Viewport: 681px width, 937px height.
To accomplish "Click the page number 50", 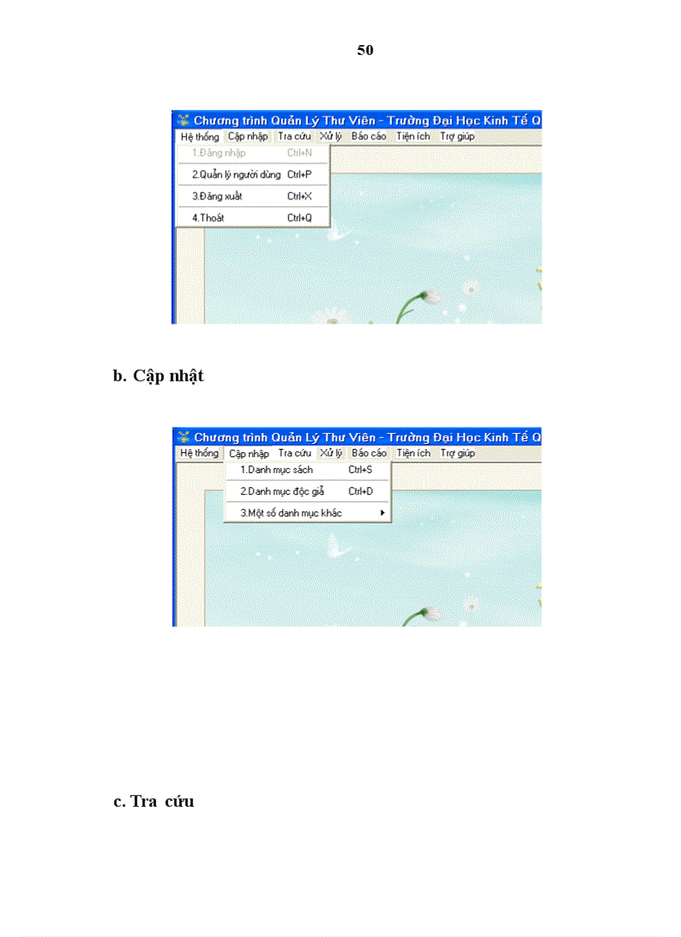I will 365,50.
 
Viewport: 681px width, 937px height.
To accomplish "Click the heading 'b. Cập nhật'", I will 159,376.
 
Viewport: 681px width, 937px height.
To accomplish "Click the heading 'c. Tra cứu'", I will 154,801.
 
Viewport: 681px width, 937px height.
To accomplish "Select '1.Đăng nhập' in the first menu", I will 219,154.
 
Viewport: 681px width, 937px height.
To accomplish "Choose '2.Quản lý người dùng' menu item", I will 236,175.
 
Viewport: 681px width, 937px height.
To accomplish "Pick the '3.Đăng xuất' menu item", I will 217,196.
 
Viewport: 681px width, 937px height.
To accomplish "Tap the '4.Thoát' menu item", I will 208,218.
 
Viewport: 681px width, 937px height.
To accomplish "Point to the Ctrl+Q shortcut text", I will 300,218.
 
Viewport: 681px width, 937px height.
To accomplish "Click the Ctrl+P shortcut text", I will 300,175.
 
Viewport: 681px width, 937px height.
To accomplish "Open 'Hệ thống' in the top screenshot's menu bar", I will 199,137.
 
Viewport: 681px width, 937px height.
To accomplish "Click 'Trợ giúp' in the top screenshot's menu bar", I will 457,137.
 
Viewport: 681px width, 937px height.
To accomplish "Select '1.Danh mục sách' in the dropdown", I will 276,471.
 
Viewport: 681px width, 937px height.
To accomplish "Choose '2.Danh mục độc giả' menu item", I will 282,491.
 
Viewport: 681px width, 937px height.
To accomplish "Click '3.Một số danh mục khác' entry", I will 290,513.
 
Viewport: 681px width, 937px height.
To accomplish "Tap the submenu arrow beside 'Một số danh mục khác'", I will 382,513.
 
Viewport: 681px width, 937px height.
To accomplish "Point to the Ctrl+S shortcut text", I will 361,471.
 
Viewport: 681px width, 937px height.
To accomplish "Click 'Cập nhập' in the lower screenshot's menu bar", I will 249,454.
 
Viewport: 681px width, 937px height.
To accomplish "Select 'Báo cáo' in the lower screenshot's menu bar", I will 369,454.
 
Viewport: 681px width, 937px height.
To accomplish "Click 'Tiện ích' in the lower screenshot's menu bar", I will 413,454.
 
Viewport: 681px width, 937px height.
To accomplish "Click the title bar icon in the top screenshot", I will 183,120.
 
